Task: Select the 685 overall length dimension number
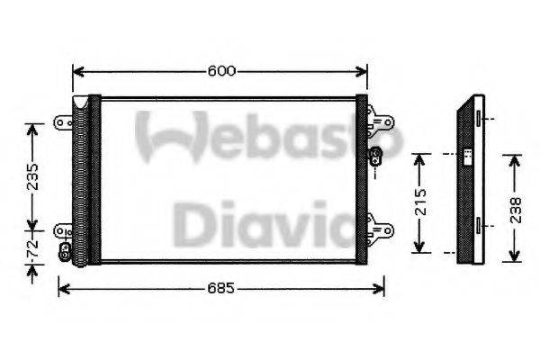(222, 288)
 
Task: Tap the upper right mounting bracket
(384, 121)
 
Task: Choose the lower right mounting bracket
(384, 225)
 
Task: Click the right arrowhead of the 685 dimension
(382, 288)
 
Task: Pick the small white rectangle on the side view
(468, 157)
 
